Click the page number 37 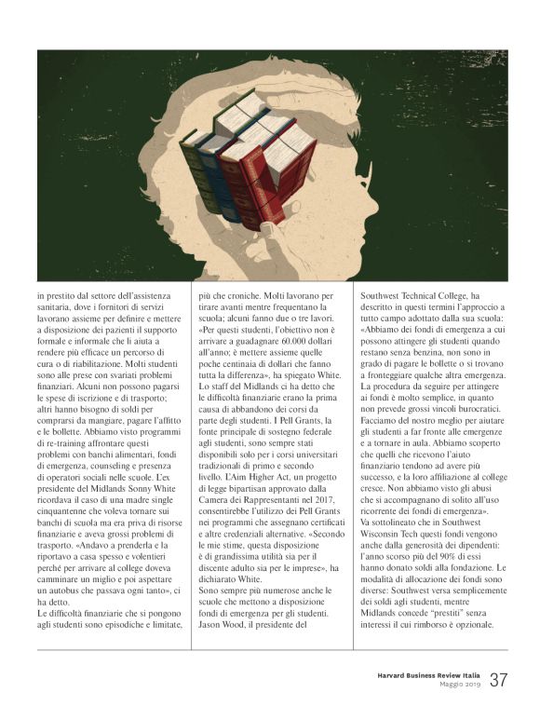(498, 680)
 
